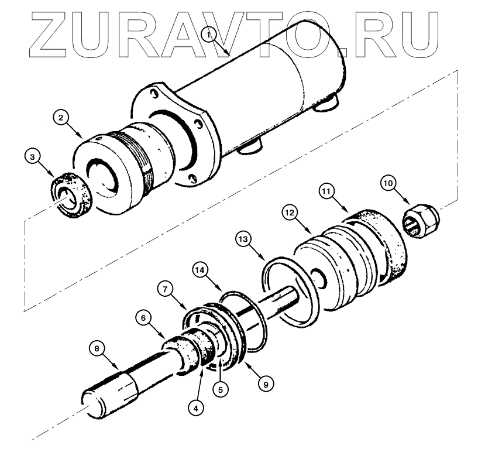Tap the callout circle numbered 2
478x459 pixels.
point(61,117)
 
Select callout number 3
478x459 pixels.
point(33,156)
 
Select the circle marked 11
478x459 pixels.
point(328,191)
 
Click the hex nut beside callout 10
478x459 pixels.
point(422,221)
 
